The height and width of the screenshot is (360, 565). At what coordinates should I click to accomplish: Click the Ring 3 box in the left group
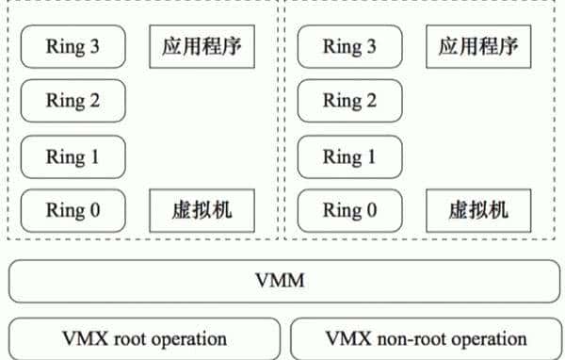(73, 46)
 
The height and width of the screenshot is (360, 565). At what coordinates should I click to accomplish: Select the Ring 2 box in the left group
(73, 101)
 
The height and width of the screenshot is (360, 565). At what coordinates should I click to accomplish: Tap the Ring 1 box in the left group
(73, 156)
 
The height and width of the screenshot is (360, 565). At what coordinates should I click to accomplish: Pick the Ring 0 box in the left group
(73, 210)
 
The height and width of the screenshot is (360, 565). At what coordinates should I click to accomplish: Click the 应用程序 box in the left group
(202, 46)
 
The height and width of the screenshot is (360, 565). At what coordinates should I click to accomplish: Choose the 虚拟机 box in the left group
(202, 210)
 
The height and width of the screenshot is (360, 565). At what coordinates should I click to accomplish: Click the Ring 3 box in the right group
(349, 46)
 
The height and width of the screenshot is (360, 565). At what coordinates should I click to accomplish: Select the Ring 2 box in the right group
(349, 101)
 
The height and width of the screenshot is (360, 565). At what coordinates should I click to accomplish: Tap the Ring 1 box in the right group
(349, 156)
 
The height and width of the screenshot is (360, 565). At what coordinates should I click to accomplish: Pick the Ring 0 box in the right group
(349, 210)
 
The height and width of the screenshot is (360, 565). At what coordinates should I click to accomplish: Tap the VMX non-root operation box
(425, 338)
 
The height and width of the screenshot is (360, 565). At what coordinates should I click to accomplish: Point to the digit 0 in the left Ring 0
(94, 210)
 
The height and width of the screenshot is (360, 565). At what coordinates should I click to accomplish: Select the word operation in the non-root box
(485, 338)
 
